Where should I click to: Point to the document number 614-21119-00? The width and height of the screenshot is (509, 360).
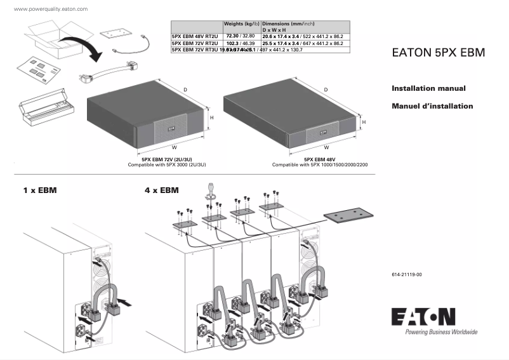[406, 274]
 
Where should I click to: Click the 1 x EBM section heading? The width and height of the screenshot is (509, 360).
[40, 190]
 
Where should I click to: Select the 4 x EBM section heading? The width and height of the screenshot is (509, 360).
[162, 190]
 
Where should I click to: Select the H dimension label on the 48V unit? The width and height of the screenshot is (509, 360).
[363, 121]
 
